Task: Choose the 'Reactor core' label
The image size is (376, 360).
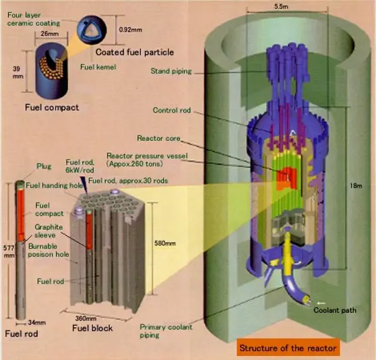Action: tap(156, 138)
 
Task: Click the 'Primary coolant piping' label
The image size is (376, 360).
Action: tap(160, 330)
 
